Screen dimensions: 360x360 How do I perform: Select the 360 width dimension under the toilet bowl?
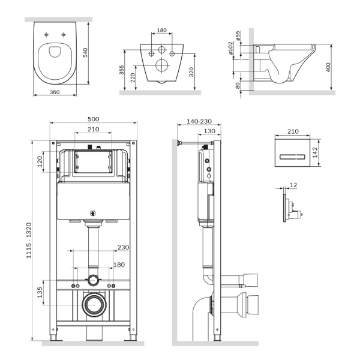(x=55, y=92)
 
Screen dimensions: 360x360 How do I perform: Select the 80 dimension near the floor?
(x=238, y=85)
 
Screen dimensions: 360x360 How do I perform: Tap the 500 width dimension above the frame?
(x=94, y=119)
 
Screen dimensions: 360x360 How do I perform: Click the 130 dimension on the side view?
(x=209, y=131)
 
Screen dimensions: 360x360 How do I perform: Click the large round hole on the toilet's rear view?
(x=161, y=65)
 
